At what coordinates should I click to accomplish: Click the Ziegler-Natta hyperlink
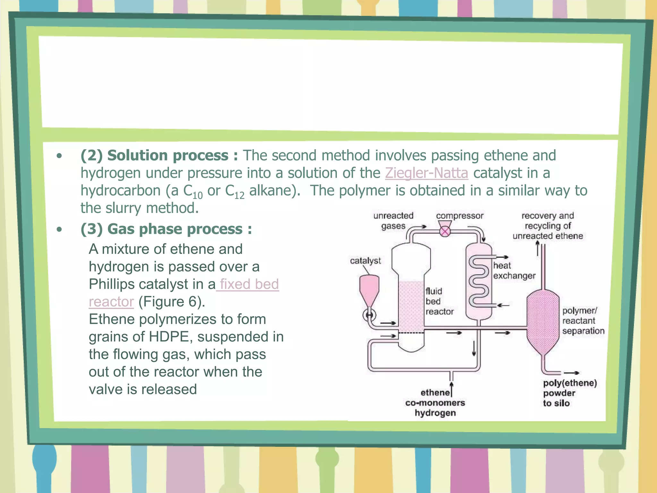(x=426, y=173)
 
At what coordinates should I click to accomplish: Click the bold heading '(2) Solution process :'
(x=159, y=156)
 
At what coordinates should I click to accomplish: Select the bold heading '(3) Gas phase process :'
(x=166, y=229)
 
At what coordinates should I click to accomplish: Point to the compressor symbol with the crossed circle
(x=445, y=231)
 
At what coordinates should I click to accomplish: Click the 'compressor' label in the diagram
(x=459, y=216)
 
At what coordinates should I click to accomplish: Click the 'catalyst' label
(x=365, y=261)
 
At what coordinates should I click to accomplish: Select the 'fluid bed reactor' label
(x=439, y=301)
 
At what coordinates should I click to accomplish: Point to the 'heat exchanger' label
(x=514, y=271)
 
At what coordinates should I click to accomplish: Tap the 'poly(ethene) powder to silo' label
(x=569, y=393)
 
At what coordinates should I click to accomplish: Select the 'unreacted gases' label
(x=393, y=221)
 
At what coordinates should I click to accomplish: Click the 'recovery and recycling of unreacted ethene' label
(x=547, y=226)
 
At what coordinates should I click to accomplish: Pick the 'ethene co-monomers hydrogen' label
(x=435, y=403)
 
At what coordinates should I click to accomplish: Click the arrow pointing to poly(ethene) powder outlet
(x=571, y=373)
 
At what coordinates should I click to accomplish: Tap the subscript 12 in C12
(x=239, y=195)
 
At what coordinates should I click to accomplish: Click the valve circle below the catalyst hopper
(x=369, y=315)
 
